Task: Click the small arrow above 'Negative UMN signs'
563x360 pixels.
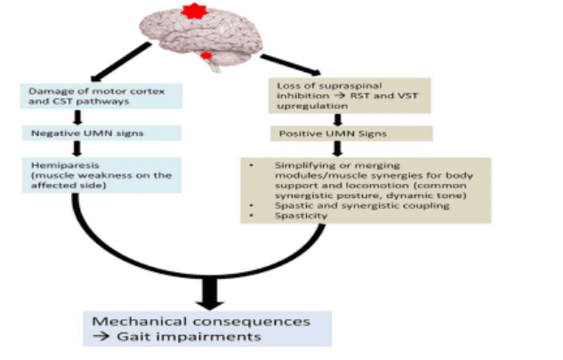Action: [77, 118]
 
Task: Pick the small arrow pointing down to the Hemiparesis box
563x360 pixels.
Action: [77, 149]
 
